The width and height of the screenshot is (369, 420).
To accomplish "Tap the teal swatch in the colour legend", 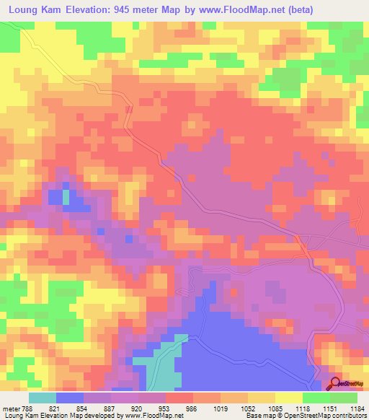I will pyautogui.click(x=43, y=398).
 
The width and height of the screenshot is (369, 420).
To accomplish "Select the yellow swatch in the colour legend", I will pyautogui.click(x=289, y=398).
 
